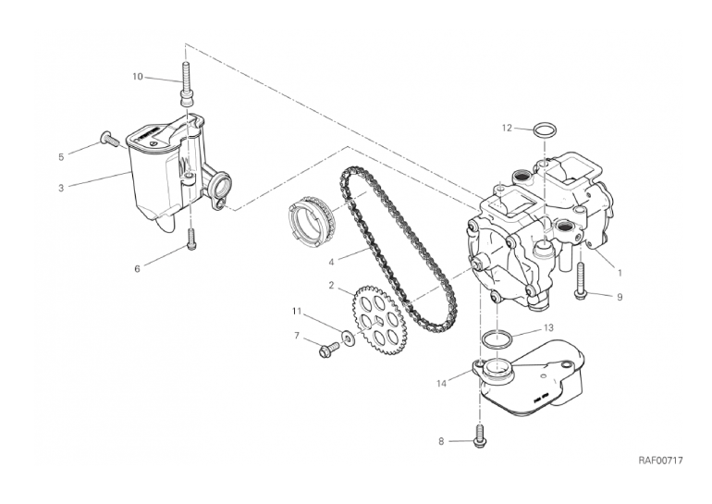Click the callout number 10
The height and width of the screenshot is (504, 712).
(x=138, y=77)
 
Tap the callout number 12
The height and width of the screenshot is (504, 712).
(x=508, y=128)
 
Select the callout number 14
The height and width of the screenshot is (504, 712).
(x=441, y=384)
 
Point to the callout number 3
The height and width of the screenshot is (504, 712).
(x=61, y=188)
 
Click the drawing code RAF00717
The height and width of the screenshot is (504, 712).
(x=661, y=461)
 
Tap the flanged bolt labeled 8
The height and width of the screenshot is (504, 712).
(x=480, y=436)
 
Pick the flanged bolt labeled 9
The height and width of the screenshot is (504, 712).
(x=582, y=280)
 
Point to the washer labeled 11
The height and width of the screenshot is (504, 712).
(x=349, y=338)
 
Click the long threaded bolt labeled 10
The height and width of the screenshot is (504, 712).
(x=187, y=85)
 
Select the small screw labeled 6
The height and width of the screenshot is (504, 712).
(x=191, y=239)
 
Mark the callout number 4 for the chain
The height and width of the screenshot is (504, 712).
(x=331, y=263)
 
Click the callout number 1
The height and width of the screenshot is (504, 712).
(x=619, y=274)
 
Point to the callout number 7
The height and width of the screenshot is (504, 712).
(x=297, y=337)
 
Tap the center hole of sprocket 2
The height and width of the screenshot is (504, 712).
(x=379, y=321)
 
